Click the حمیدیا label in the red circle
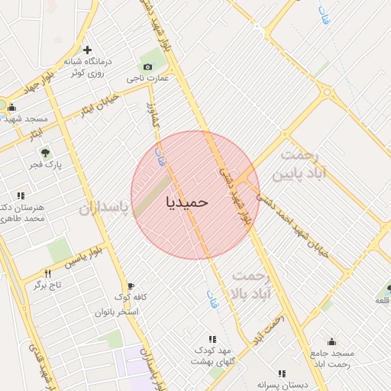(x=187, y=202)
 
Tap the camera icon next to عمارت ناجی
(x=147, y=66)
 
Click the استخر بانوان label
(x=116, y=312)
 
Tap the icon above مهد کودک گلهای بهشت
(x=212, y=339)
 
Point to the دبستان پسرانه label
(x=281, y=385)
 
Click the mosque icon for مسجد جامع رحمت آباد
(x=331, y=341)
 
